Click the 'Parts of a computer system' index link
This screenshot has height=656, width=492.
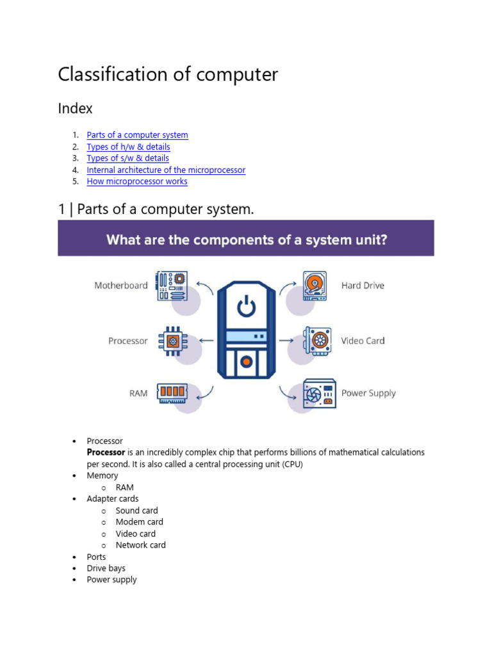point(137,135)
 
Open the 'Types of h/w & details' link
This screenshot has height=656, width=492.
point(128,147)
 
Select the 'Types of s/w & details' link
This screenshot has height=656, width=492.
point(127,158)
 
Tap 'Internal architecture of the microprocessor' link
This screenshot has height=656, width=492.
point(166,170)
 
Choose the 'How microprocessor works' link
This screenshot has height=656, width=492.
point(137,181)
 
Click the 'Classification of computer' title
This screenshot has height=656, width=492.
point(168,74)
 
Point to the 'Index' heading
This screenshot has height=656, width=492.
point(75,108)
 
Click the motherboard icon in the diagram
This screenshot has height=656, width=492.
point(172,285)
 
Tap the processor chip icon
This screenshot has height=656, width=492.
point(172,341)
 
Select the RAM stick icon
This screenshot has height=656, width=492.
point(171,391)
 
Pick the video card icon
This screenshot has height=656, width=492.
point(317,341)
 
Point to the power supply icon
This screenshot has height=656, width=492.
point(320,393)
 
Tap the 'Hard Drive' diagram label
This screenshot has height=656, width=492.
point(363,286)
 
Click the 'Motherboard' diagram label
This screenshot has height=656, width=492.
point(121,286)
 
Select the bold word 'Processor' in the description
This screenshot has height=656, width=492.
point(106,452)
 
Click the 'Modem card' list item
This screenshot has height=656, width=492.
point(139,522)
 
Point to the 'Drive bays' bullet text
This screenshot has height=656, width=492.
point(106,568)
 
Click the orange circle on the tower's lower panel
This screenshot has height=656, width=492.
point(245,362)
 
